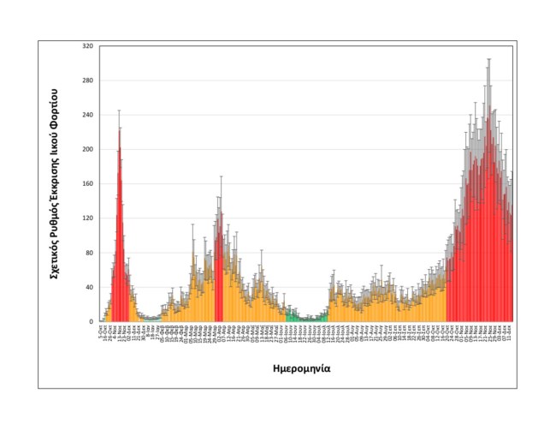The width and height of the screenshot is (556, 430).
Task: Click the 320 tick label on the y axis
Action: click(88, 45)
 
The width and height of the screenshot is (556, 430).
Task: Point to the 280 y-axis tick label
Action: click(88, 81)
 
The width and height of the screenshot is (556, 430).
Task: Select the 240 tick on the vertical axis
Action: click(88, 115)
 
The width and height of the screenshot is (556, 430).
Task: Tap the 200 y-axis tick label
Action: click(88, 149)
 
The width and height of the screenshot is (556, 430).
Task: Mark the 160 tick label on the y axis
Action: click(88, 183)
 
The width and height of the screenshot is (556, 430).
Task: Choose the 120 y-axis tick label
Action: click(88, 218)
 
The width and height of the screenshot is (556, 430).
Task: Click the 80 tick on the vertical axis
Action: click(90, 253)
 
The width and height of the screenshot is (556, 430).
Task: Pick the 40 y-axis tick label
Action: click(90, 287)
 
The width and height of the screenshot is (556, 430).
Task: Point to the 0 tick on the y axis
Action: click(92, 321)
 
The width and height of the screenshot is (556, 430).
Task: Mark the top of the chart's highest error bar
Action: click(488, 59)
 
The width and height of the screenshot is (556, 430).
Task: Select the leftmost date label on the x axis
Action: click(102, 330)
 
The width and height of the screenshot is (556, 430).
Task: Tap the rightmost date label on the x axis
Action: click(511, 331)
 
